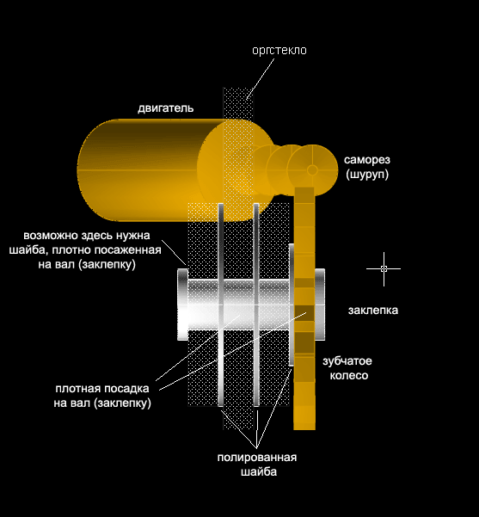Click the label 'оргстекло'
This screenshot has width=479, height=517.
tap(279, 51)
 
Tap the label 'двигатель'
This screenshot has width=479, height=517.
tap(165, 108)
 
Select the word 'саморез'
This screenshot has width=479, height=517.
tap(367, 160)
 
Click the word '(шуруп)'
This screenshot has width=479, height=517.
tap(367, 174)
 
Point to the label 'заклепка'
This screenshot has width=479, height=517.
tap(373, 311)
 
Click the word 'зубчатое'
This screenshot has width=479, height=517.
tap(347, 361)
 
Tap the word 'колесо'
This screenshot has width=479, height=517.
tap(349, 376)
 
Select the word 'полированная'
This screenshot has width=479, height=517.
tap(257, 458)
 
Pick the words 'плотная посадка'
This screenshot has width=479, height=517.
tap(102, 389)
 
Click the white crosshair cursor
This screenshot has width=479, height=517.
tap(384, 268)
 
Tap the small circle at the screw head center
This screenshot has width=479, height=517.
tap(312, 170)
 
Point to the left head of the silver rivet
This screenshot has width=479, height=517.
tap(182, 304)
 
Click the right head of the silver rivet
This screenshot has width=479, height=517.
tap(319, 304)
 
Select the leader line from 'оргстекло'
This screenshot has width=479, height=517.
tap(261, 78)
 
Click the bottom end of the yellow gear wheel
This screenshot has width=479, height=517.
tap(304, 428)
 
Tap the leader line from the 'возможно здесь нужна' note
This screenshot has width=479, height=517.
tap(174, 252)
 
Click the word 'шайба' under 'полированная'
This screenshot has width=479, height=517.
tap(259, 472)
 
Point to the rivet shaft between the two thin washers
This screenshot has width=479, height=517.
tap(239, 304)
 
